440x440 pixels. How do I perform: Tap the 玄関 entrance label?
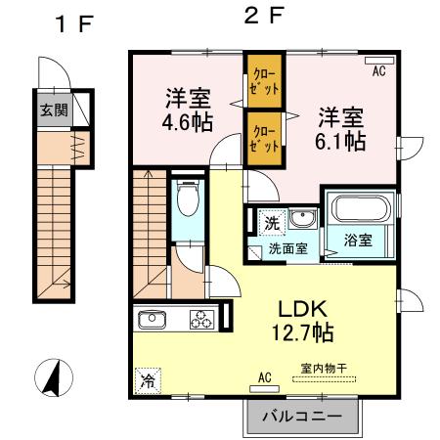53,110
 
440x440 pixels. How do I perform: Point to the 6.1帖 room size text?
340,141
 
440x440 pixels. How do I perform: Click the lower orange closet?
263,137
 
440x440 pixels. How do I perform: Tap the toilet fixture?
188,203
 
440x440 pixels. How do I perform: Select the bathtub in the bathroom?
363,208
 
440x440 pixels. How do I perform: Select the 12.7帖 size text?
302,332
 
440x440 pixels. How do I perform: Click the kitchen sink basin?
154,320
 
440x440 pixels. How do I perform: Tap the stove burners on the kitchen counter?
201,319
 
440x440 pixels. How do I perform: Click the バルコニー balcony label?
302,417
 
